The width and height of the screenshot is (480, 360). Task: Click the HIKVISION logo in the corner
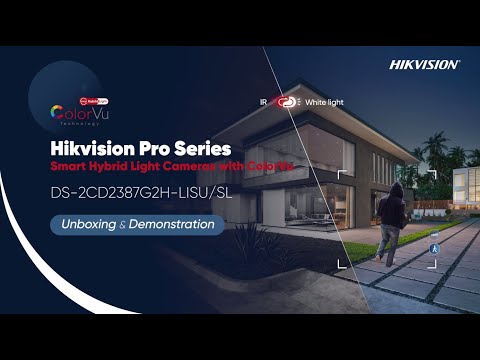click(x=424, y=64)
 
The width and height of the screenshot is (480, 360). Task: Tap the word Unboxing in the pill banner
click(x=89, y=225)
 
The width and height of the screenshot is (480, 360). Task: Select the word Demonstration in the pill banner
click(x=170, y=225)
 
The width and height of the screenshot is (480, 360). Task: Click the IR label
click(x=263, y=102)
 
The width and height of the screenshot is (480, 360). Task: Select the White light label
click(x=323, y=102)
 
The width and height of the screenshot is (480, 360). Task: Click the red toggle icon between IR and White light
click(x=288, y=102)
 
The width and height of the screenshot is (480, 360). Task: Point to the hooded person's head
click(x=396, y=191)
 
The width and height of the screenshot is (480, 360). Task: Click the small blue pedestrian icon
click(x=434, y=246)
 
